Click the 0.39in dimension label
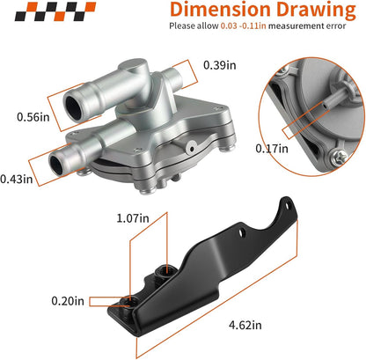click(x=220, y=65)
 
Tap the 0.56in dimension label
click(x=33, y=117)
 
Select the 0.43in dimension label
click(x=17, y=179)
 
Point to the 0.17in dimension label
click(x=272, y=149)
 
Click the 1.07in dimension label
click(x=133, y=218)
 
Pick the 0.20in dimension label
click(x=68, y=301)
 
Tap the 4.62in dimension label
click(x=245, y=325)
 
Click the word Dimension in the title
click(x=220, y=10)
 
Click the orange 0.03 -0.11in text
click(x=244, y=26)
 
